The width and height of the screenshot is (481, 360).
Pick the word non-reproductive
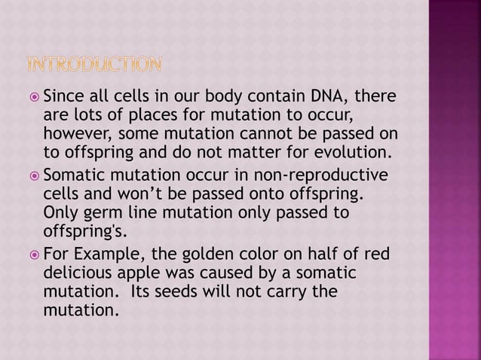321,175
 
